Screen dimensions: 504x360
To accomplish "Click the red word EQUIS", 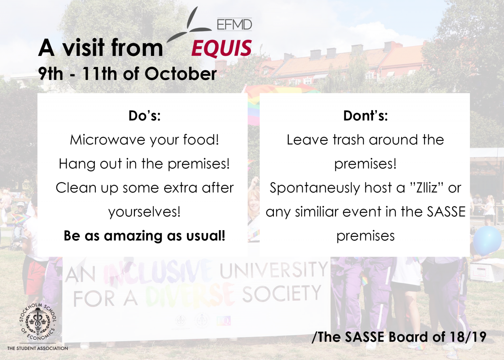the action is click(221, 48).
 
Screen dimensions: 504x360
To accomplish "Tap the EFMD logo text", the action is click(234, 24).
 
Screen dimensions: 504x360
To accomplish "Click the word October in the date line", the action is click(181, 74).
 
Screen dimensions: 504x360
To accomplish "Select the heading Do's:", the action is click(144, 116).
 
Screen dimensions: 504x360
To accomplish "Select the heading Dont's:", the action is click(365, 116).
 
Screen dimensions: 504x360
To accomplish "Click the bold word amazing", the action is click(133, 236).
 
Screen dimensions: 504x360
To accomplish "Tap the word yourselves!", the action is click(144, 212).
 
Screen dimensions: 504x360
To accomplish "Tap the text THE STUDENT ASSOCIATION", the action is click(37, 348).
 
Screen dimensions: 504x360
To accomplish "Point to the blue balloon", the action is click(487, 241).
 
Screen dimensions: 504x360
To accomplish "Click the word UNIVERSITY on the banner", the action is click(273, 271).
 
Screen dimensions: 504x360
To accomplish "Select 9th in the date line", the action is click(50, 74).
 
